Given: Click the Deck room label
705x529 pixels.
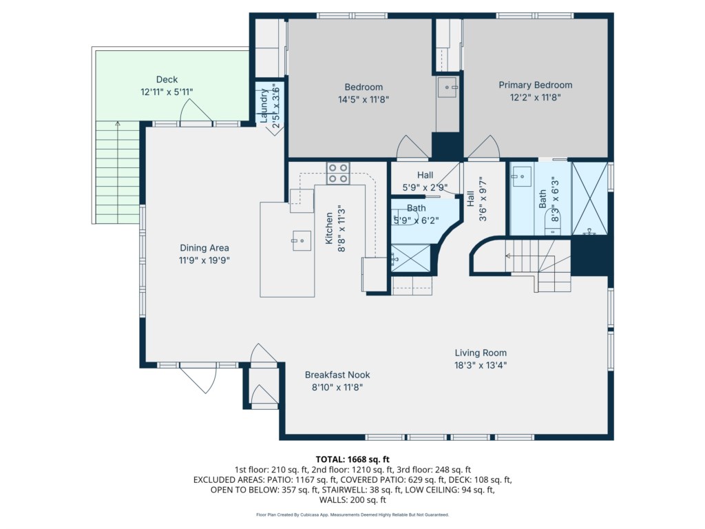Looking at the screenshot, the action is click(167, 80).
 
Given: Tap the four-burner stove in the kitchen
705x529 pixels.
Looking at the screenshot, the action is click(338, 173).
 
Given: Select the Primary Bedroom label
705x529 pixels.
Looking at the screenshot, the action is click(536, 85).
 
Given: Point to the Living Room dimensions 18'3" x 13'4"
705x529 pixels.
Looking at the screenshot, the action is click(481, 365).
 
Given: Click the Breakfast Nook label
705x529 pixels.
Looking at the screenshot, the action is click(337, 375).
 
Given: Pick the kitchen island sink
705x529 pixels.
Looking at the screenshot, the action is click(302, 240).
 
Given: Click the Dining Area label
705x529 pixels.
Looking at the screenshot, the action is click(204, 248).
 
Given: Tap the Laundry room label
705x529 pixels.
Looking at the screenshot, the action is click(264, 105).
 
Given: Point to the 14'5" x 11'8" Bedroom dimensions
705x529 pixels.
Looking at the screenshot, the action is click(364, 99).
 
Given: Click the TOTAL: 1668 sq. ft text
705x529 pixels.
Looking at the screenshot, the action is click(352, 459).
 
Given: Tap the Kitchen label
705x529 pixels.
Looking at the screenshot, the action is click(329, 228).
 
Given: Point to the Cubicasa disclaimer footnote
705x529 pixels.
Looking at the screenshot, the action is click(352, 515).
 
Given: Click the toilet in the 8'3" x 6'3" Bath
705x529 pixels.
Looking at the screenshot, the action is click(551, 223).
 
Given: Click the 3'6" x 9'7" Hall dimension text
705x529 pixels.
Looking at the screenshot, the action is click(483, 199).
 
